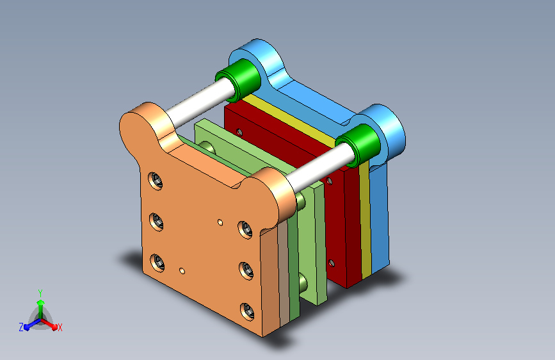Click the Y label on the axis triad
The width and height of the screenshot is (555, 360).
click(40, 293)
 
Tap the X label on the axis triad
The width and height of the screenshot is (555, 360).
click(60, 327)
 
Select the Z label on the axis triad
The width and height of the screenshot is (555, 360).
click(21, 327)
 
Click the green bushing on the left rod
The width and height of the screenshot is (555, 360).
click(238, 80)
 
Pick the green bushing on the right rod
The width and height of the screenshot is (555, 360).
click(358, 145)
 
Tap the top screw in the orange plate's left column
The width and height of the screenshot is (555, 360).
click(156, 181)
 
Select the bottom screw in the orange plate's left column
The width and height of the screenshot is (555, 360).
click(157, 263)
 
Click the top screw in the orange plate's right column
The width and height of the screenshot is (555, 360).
click(245, 229)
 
